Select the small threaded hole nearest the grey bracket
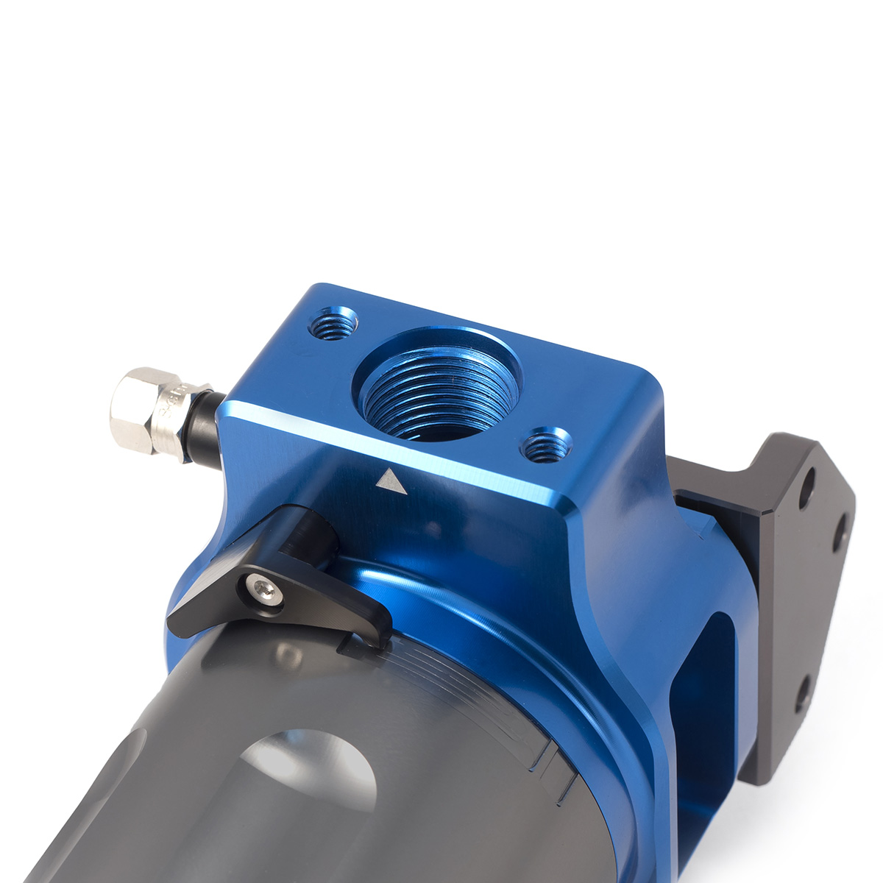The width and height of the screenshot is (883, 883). tap(545, 444)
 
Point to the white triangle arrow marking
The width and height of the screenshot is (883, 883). tap(391, 481)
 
